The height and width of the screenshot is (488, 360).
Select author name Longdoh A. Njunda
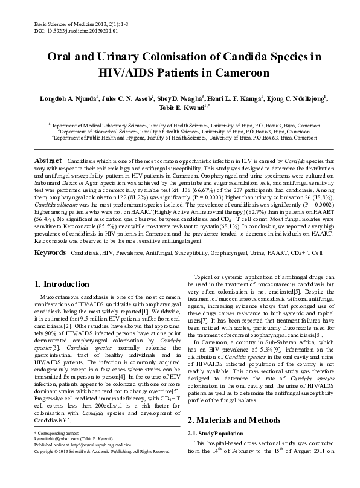[66, 98]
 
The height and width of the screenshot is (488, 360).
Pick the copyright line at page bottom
[101, 468]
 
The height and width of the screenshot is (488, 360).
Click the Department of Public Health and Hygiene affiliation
[180, 137]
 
